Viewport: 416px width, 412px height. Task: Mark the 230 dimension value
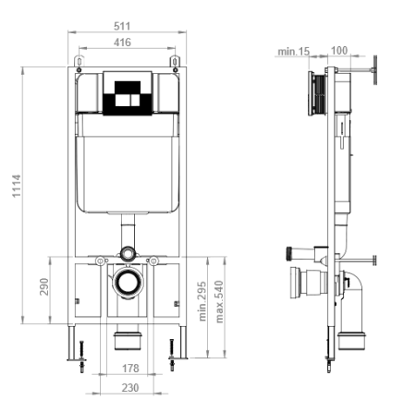tap(129, 388)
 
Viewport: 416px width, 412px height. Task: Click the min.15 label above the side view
tap(292, 52)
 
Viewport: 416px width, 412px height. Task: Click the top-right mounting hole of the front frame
tap(174, 63)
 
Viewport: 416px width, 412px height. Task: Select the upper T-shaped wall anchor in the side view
tap(373, 68)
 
